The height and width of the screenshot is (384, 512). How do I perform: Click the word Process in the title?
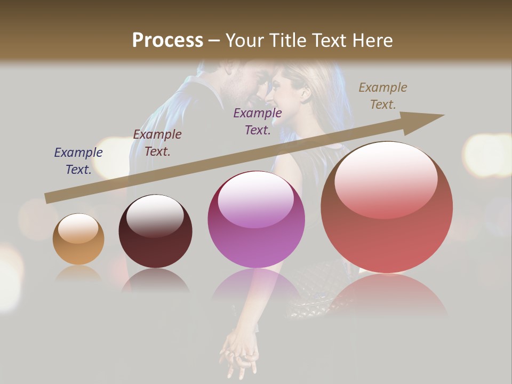[x=167, y=41]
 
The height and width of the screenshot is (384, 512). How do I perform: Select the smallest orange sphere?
[x=78, y=239]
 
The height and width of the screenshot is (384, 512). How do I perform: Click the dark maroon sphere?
[x=155, y=231]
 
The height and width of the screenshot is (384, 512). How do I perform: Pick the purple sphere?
[x=256, y=219]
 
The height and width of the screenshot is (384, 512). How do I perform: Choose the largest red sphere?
[x=387, y=207]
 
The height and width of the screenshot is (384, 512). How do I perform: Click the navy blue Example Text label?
[x=78, y=161]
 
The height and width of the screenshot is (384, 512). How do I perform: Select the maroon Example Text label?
[x=157, y=142]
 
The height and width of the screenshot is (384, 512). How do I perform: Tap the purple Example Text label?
[x=258, y=121]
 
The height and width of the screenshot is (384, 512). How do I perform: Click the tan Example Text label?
[x=383, y=95]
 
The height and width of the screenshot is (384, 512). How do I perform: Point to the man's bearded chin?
[x=246, y=96]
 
